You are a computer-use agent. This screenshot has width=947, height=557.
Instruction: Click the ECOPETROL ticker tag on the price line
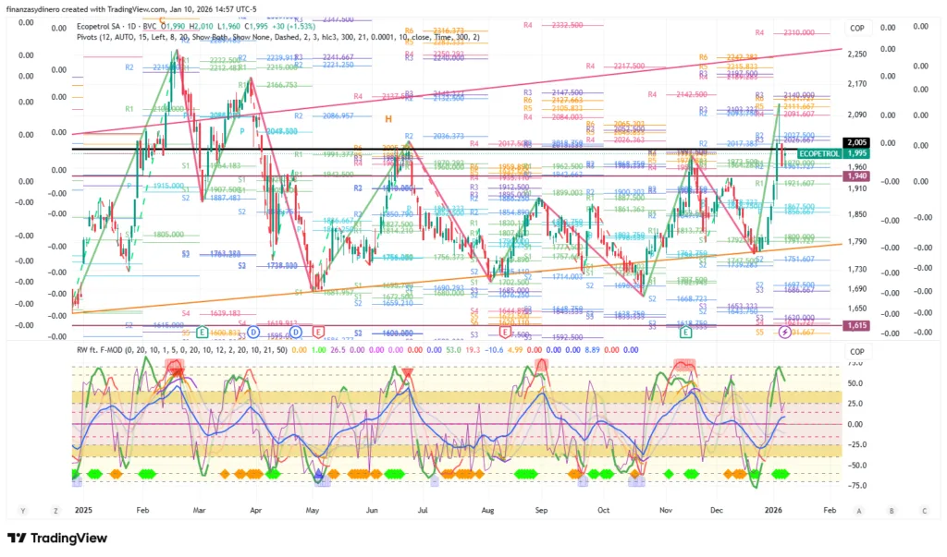pos(819,153)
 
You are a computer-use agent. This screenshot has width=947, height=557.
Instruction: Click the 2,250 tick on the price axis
pos(856,54)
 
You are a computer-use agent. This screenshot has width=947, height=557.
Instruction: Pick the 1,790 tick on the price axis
pos(856,242)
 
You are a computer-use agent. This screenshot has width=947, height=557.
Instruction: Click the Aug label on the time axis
pos(487,510)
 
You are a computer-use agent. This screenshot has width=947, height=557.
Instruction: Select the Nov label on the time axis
pos(664,510)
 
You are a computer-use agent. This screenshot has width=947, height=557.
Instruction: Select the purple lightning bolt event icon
pos(785,332)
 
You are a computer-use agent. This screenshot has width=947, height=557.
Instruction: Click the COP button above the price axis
pos(857,29)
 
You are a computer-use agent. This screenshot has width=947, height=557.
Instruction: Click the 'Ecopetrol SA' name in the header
pos(103,27)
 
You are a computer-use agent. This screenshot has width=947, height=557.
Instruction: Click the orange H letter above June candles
pos(388,118)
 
